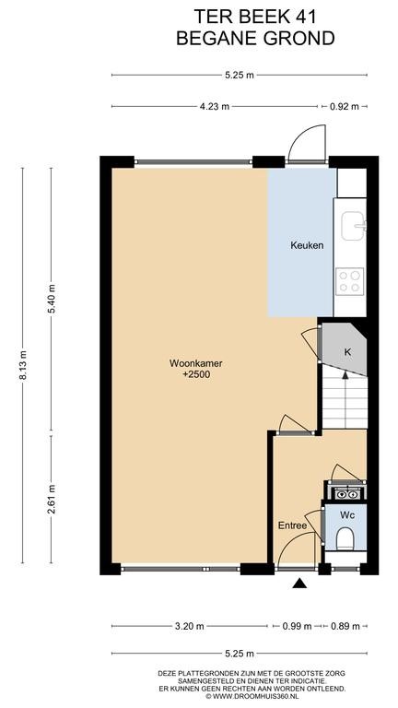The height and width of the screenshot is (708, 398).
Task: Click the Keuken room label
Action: pos(307,245)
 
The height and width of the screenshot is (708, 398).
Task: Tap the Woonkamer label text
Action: pos(189,363)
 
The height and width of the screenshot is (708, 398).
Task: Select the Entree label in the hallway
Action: pos(292,525)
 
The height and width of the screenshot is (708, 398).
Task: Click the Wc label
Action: pos(346,514)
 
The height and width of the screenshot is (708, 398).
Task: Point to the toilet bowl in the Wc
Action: pos(345,538)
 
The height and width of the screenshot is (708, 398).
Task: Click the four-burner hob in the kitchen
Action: pos(350,281)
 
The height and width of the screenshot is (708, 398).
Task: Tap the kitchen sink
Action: pos(353,226)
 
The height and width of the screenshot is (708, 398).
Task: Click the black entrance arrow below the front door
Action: pos(299,584)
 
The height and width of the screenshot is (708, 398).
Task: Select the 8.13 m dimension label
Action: pos(22,366)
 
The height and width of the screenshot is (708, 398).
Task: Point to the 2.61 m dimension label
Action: pos(51,500)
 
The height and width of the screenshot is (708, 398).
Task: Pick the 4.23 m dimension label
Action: pos(215,107)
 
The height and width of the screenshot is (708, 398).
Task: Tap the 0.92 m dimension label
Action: pos(344,107)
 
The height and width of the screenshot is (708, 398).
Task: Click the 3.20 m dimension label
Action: pos(189,626)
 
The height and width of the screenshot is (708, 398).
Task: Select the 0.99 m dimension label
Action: pos(297,626)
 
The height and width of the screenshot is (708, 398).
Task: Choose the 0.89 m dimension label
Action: pos(345,626)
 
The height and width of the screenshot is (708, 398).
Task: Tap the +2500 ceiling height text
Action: pos(190,374)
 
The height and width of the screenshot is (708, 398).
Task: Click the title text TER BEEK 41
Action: pos(255,17)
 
